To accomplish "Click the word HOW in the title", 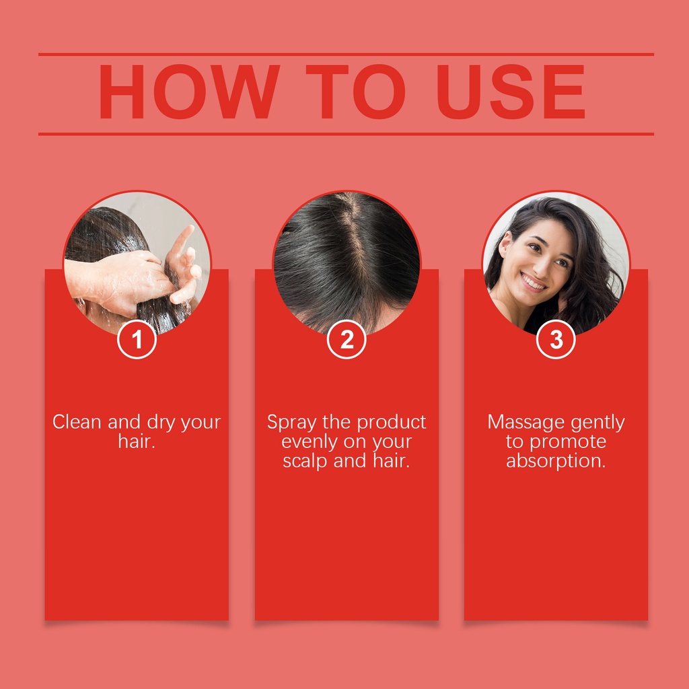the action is [x=189, y=92].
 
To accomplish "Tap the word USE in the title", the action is [x=511, y=92].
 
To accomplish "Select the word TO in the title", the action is [x=355, y=92].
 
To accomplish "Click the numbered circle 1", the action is [x=137, y=339].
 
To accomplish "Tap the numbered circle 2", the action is [x=347, y=339].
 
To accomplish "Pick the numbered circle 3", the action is [x=556, y=339].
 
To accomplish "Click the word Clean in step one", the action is [x=77, y=422].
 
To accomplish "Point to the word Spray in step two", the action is [x=291, y=423].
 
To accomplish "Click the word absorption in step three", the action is [x=556, y=462].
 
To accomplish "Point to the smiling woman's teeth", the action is [x=533, y=282].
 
